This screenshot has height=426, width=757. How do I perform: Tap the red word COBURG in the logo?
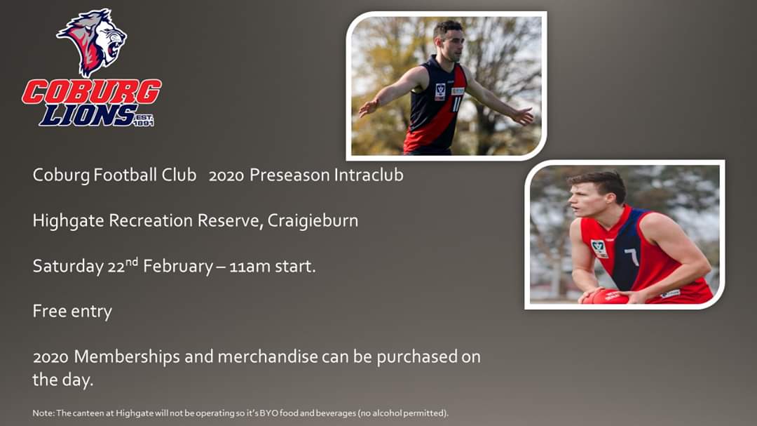click(92, 91)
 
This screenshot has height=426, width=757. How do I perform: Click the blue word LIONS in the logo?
click(87, 114)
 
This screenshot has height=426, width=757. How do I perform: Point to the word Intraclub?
click(369, 175)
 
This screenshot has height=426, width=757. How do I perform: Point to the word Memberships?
click(126, 357)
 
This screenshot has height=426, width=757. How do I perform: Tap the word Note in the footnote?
click(41, 413)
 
